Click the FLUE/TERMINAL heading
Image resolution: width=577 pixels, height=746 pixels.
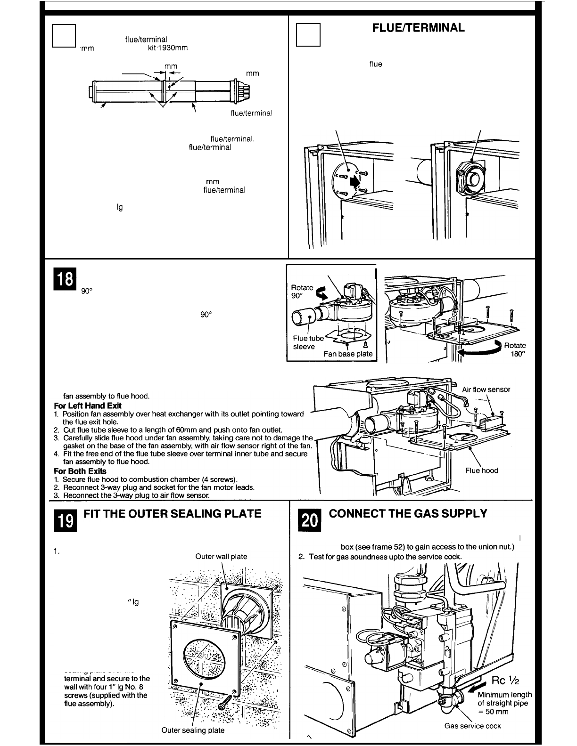(x=419, y=28)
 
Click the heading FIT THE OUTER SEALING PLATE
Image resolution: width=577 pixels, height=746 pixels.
(x=172, y=513)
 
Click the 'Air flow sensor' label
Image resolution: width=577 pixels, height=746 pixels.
(x=486, y=389)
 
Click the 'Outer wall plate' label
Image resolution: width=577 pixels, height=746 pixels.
(x=221, y=556)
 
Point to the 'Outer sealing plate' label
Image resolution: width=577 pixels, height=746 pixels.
(x=193, y=730)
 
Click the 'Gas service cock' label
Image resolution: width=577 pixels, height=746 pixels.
(x=472, y=726)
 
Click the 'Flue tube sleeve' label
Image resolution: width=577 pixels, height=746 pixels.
(x=308, y=342)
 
